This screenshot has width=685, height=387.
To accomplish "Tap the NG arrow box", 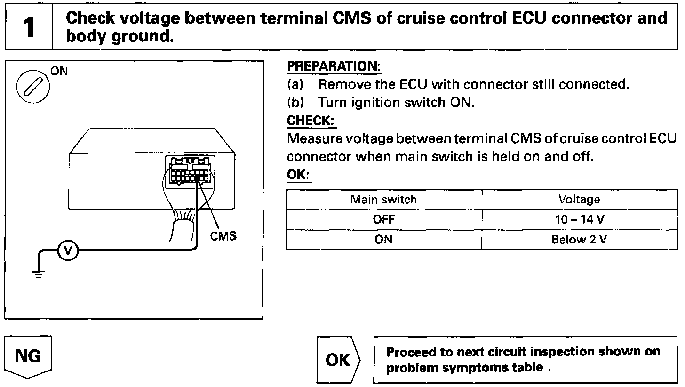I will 28,356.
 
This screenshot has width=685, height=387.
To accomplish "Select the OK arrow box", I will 338,360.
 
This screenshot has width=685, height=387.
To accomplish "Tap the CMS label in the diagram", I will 223,236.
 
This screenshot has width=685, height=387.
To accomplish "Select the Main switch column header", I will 383,199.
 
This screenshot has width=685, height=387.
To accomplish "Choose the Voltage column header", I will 579,199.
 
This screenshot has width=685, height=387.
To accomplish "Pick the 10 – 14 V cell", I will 579,219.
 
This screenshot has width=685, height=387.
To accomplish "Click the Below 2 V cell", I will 579,240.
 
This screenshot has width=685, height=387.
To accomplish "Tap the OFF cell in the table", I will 383,219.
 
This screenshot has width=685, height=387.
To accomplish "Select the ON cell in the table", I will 383,240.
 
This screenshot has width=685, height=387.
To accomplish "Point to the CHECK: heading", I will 311,121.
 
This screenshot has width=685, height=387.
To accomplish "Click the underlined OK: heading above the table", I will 299,175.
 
